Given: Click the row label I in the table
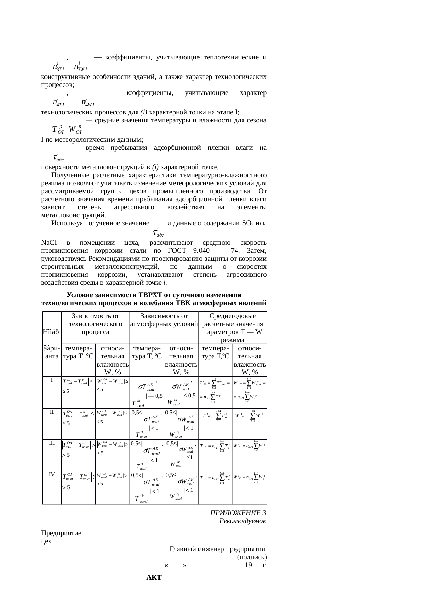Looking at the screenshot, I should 51,380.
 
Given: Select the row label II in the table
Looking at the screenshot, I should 51,412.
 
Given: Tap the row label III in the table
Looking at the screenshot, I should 51,443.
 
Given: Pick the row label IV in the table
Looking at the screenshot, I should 51,474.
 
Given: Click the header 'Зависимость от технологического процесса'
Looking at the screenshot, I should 95,324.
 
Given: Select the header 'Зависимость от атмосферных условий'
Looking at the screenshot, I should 164,320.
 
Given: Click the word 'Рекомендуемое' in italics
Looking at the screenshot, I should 243,521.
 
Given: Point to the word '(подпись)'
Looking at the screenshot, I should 252,557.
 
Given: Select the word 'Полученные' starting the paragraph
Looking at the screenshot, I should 69,175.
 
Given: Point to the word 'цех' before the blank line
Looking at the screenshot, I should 46,541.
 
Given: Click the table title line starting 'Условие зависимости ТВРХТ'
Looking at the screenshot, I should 154,295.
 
